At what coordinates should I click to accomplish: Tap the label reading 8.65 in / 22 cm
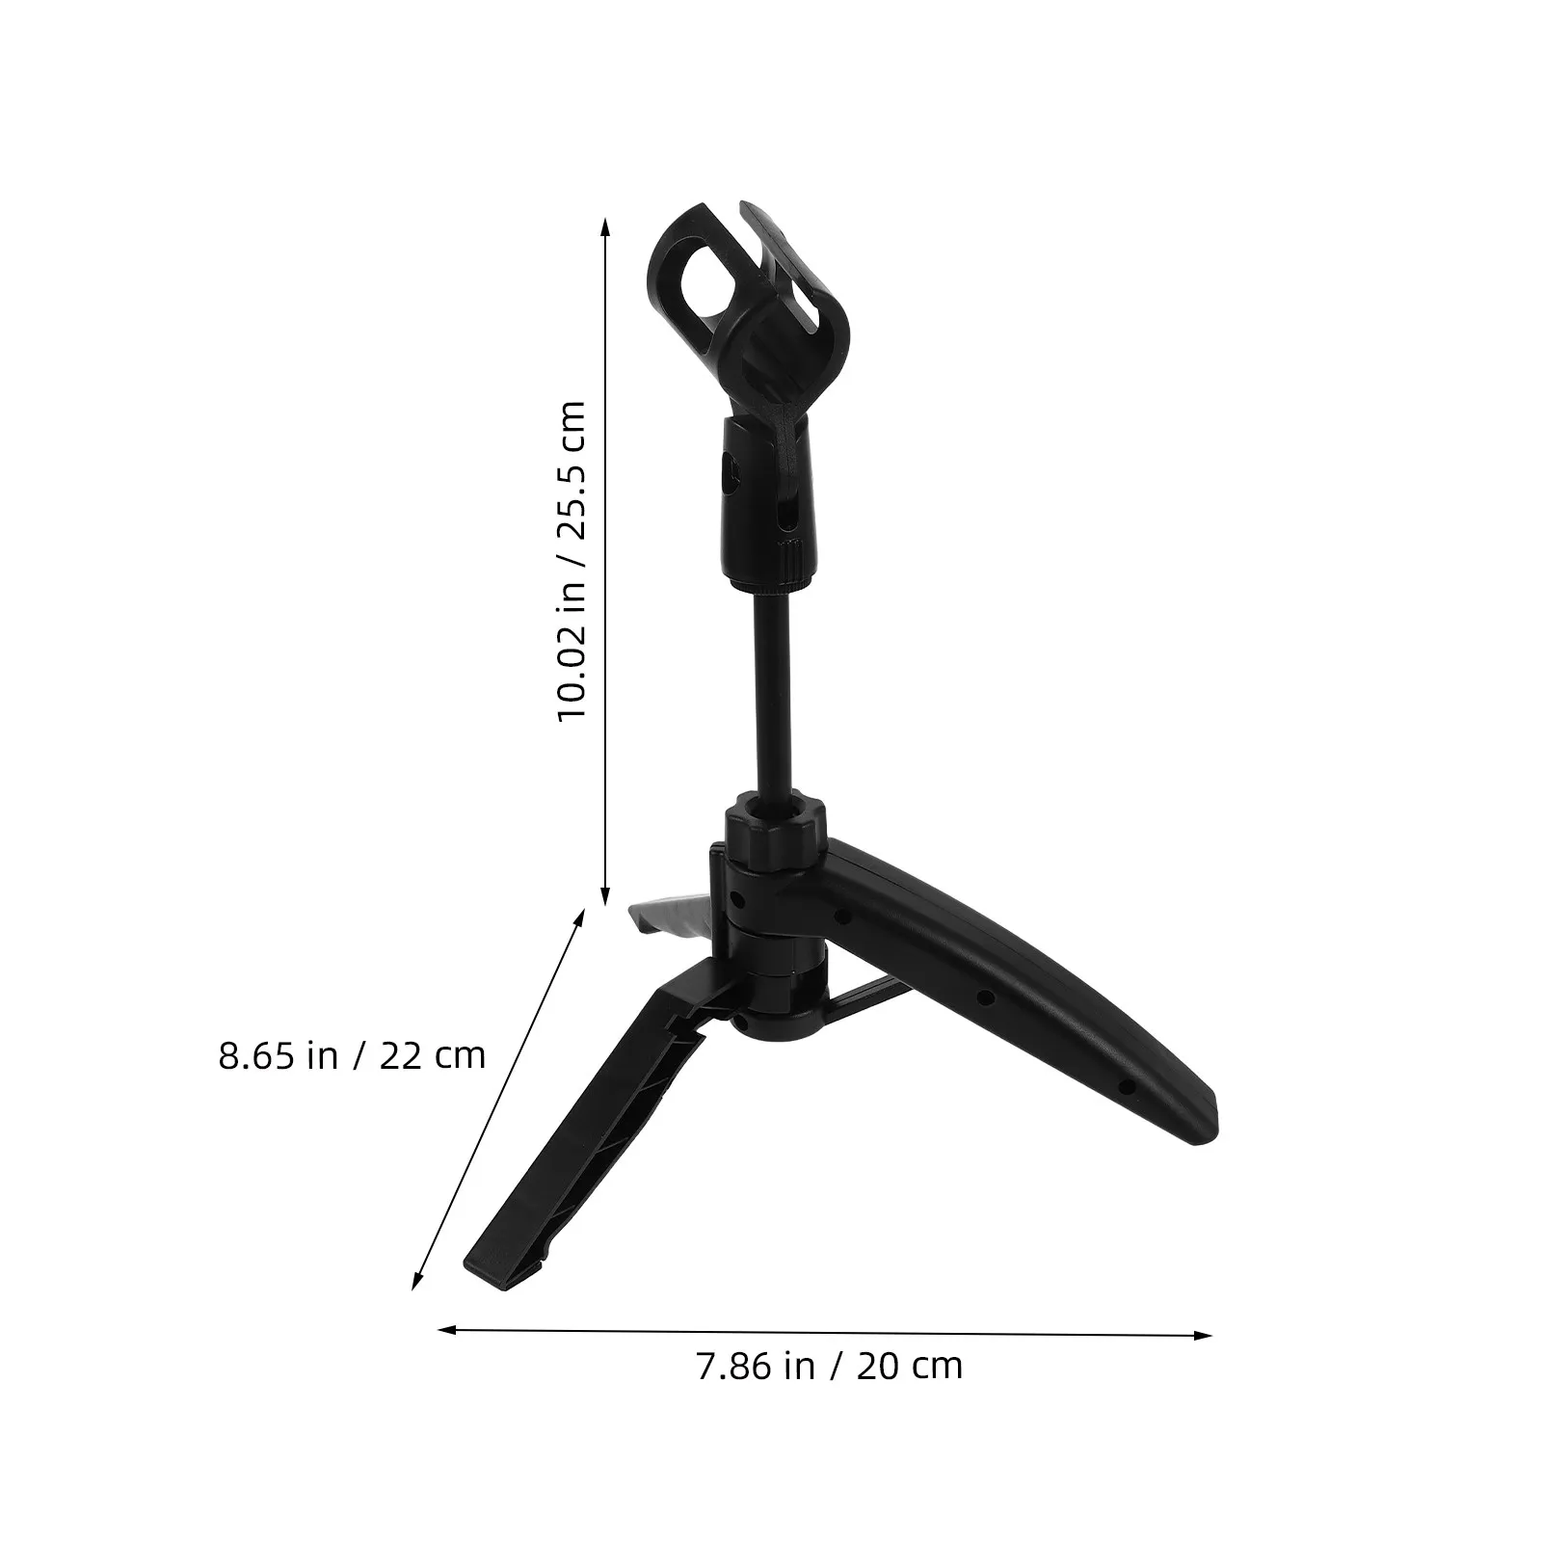click(352, 1055)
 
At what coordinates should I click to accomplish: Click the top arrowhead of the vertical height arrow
click(605, 226)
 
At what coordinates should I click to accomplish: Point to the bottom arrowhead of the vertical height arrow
click(605, 897)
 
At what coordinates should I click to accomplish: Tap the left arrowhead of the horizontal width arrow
click(445, 1330)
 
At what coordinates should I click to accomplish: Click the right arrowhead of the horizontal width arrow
click(1203, 1335)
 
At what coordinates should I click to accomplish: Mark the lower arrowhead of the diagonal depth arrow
click(416, 1280)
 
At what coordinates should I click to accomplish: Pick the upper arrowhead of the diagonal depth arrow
click(580, 917)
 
